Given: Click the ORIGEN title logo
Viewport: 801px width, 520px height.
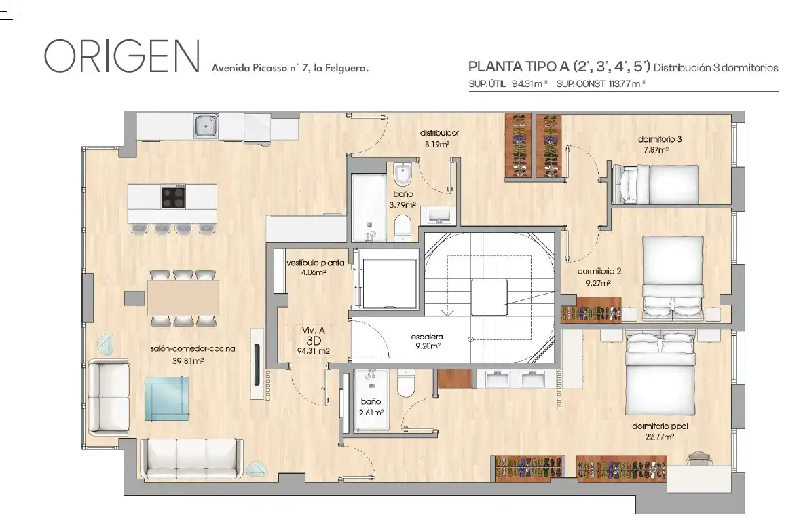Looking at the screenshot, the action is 122,56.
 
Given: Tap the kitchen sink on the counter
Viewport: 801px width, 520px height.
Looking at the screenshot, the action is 206,126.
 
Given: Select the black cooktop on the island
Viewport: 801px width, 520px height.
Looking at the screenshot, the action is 172,197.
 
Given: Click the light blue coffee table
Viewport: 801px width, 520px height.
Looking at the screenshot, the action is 166,399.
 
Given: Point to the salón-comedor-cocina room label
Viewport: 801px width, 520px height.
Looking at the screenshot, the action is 193,354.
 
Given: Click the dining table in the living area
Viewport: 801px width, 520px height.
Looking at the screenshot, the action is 183,298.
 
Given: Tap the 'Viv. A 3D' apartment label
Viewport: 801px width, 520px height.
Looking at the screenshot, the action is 314,341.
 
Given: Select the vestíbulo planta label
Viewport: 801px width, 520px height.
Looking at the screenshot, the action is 315,267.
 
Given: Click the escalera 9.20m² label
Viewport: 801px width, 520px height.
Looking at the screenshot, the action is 427,341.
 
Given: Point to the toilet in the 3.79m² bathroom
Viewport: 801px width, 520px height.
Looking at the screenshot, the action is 403,227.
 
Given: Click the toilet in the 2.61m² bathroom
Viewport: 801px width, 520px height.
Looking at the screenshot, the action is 407,383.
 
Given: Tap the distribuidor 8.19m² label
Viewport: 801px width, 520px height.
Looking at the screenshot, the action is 439,138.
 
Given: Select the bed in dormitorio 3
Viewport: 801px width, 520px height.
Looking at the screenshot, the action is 656,184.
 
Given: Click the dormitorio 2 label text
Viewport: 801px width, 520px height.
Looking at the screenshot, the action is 599,272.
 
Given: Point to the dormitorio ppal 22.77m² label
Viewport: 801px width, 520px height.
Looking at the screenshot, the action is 660,431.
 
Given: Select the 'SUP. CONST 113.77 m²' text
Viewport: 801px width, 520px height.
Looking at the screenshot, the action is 601,83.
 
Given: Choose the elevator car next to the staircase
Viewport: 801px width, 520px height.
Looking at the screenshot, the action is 389,280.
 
